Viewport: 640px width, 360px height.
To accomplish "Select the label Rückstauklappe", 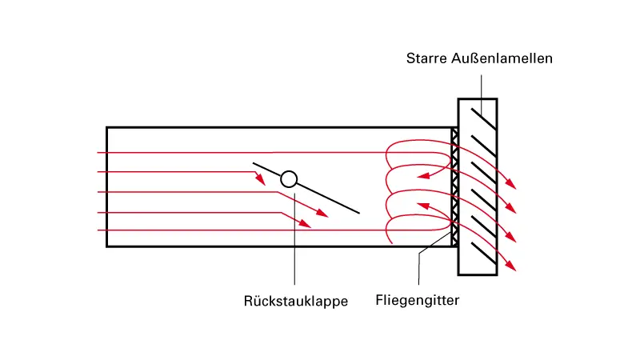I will pos(296,302).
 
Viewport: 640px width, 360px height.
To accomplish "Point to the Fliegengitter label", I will pos(418,302).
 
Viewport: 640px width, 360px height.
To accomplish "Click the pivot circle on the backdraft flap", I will pos(290,179).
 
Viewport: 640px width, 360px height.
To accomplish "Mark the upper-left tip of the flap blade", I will pos(254,164).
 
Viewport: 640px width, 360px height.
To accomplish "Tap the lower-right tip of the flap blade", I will pos(358,213).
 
